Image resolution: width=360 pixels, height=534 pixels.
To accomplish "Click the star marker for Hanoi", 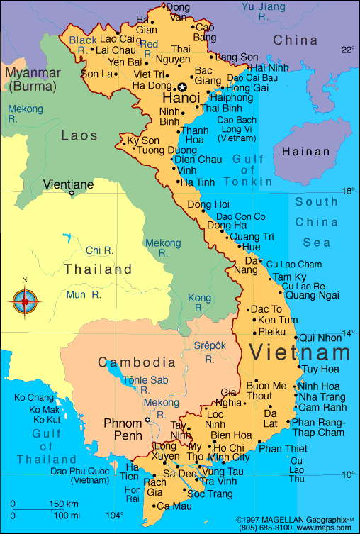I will click(181, 87).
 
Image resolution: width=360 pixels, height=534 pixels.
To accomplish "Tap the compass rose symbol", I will click(26, 301).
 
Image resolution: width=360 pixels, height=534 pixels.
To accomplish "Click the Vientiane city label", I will click(68, 184).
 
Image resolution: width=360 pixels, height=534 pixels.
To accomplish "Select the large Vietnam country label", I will click(300, 352).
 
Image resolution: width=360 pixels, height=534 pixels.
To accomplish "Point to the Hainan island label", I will click(305, 151).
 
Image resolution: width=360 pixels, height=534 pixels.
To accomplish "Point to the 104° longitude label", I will click(115, 516).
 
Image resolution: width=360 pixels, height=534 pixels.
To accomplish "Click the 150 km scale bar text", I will click(63, 504).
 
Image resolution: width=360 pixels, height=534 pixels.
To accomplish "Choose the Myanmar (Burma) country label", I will click(33, 79).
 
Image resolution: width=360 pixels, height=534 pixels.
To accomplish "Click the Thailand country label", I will click(97, 269).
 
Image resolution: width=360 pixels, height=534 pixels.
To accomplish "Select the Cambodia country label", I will click(137, 362).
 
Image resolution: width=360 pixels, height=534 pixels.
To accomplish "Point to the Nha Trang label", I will click(322, 396).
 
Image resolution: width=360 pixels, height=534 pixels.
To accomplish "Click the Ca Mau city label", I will click(174, 506).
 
